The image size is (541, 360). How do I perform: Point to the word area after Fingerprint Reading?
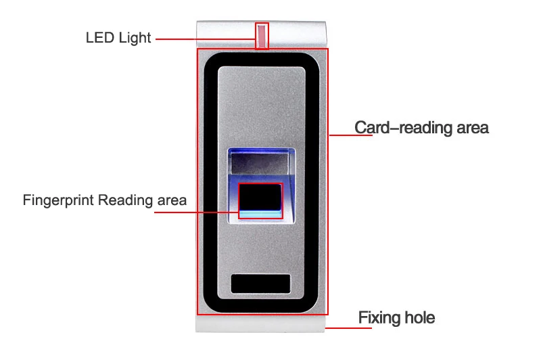(x=172, y=201)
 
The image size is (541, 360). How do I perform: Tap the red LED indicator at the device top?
(x=262, y=36)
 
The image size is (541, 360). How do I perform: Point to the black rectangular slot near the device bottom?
(x=260, y=284)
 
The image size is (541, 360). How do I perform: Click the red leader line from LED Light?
(x=206, y=39)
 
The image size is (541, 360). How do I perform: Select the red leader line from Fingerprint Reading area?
(x=196, y=212)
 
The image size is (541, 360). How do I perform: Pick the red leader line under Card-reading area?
(x=351, y=135)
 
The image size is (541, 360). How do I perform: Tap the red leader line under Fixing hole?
(x=348, y=328)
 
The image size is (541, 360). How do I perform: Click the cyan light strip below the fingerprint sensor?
(x=260, y=214)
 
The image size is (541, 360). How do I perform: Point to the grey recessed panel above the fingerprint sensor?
(x=260, y=163)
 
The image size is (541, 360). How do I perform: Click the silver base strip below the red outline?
(x=260, y=323)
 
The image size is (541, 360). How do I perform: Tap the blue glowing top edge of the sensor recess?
(x=261, y=151)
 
